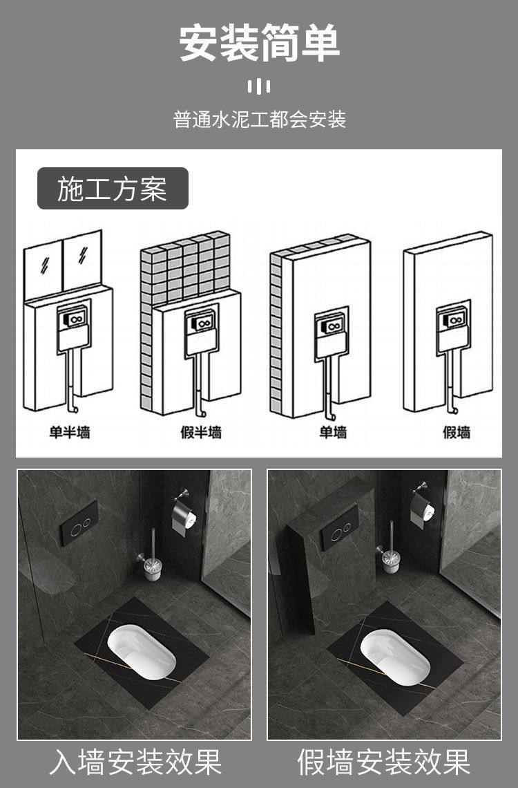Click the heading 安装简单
coord(260,44)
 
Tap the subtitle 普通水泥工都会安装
coord(260,120)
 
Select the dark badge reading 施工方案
coord(113,189)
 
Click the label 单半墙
coord(70,432)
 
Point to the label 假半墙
coord(201,432)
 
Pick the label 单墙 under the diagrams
coord(334,432)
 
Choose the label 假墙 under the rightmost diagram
coord(457,432)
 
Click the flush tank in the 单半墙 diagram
coord(73,328)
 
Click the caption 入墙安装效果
coord(135,762)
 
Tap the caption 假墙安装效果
coord(384,762)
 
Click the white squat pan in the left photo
coord(142,651)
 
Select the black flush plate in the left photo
coord(79,523)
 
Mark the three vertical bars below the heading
coord(259,86)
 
